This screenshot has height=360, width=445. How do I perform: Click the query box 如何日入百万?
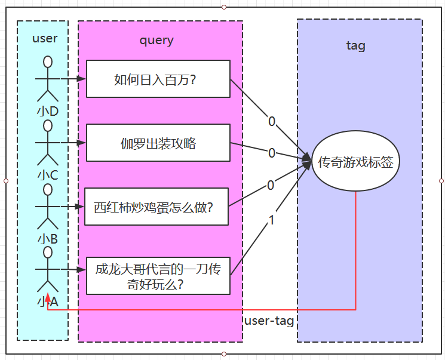coord(158,79)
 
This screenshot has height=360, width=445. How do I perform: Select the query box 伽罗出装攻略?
coord(158,143)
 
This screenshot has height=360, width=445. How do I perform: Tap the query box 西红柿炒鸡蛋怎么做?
coord(156,207)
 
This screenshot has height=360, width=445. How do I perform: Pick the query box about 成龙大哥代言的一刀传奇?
coord(158,276)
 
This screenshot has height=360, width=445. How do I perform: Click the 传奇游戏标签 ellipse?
coord(355,161)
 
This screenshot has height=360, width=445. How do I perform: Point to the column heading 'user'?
coord(45,38)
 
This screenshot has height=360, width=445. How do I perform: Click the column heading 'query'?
coord(156,40)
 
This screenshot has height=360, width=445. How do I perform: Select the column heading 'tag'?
coord(356,45)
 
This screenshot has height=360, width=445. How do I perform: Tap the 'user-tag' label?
coord(269,321)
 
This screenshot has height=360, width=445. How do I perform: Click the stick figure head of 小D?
coord(48,61)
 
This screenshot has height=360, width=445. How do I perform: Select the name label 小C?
coord(48,175)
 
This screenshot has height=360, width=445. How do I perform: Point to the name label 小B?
coord(48,238)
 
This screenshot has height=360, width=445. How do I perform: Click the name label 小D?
coord(48,111)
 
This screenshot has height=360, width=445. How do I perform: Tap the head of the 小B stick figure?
coord(48,189)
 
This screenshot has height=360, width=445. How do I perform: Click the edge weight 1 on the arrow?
coord(272,220)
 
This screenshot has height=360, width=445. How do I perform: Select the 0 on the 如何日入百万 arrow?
coord(272,122)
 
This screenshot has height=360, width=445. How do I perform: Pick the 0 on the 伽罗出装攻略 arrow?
coord(272,153)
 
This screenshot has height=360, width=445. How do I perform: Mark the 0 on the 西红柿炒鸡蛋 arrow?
coord(271,186)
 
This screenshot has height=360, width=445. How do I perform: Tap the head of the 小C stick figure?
coord(48,125)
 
